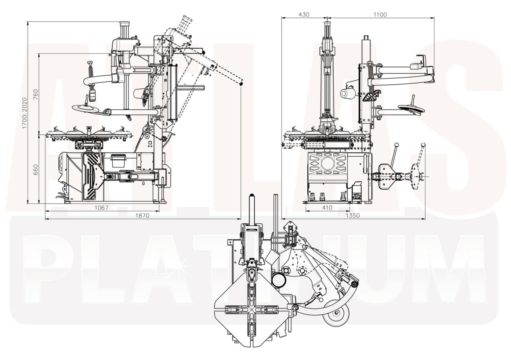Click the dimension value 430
pyautogui.click(x=304, y=15)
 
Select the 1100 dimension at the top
pyautogui.click(x=380, y=15)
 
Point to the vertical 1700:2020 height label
pyautogui.click(x=24, y=113)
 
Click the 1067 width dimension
pyautogui.click(x=102, y=208)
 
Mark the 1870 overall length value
pyautogui.click(x=142, y=216)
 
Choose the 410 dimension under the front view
pyautogui.click(x=327, y=208)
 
